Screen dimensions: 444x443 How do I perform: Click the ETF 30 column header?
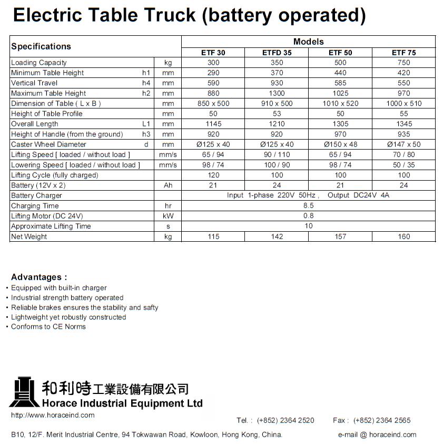pos(213,53)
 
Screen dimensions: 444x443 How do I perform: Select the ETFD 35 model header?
pos(277,53)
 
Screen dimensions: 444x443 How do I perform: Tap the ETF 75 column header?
pos(403,53)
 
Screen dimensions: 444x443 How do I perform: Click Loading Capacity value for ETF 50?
pos(340,63)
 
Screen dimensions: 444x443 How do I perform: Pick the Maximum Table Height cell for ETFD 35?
pos(277,93)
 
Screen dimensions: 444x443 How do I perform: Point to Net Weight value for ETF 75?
pos(403,237)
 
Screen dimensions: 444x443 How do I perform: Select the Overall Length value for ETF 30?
pos(213,124)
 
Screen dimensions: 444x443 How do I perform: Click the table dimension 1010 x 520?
pos(340,104)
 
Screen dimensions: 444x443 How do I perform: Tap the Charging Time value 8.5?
pos(308,206)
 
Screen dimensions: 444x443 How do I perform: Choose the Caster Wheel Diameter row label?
pos(48,144)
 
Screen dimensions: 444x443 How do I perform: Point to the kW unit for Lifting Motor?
pos(168,216)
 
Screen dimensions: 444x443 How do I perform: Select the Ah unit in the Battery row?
pos(168,185)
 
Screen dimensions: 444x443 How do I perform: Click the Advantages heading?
pos(39,277)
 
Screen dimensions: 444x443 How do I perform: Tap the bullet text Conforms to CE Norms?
pos(48,327)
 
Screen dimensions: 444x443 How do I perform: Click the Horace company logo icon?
pos(24,392)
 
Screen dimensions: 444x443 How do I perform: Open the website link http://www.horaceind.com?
pos(53,416)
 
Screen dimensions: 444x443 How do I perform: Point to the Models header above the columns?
pos(308,42)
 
